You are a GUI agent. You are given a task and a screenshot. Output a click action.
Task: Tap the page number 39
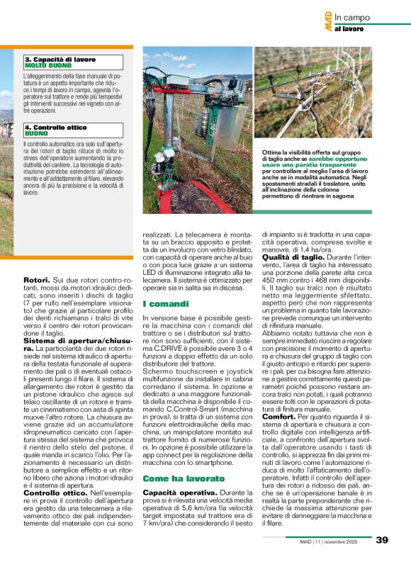click(x=382, y=539)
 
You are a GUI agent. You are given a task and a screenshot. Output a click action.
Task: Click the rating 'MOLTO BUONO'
click(x=47, y=66)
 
